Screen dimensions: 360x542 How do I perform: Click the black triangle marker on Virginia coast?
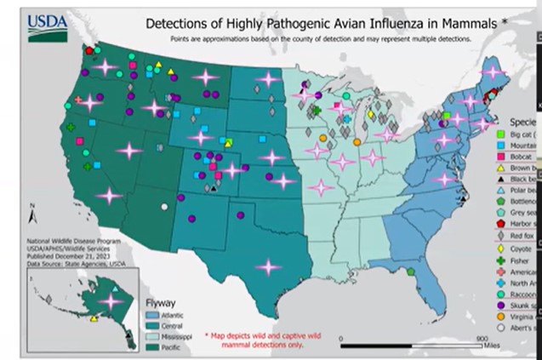tap(460, 191)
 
